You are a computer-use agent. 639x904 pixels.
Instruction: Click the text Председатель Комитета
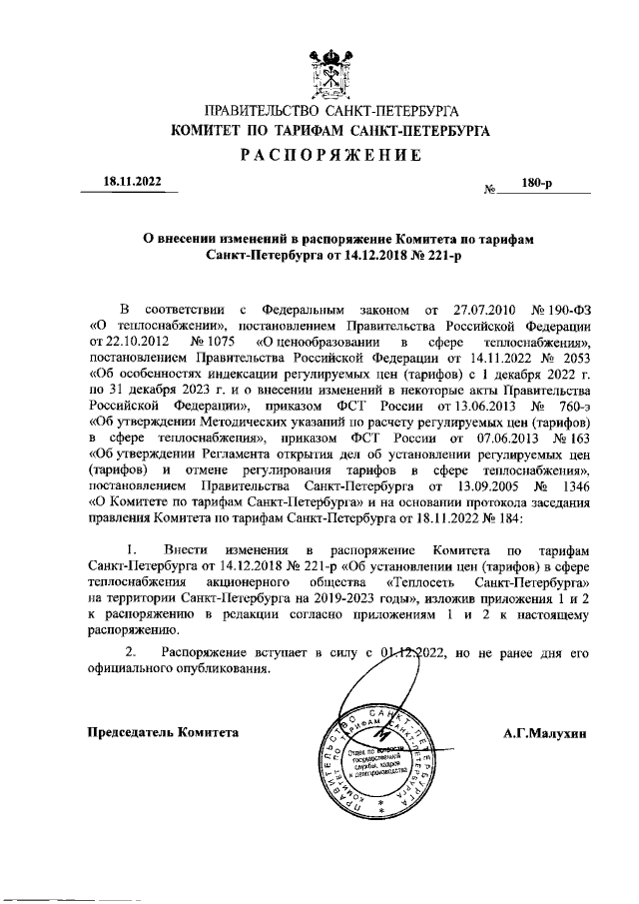[165, 731]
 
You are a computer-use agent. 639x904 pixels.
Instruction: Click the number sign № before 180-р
[490, 189]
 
